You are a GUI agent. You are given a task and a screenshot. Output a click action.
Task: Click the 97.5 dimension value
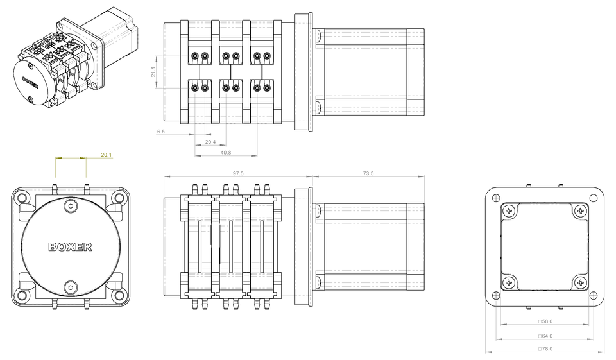[x=238, y=173]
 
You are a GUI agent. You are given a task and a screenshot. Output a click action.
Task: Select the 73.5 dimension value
[x=368, y=173]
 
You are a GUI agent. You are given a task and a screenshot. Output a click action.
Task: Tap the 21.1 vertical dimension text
[x=153, y=71]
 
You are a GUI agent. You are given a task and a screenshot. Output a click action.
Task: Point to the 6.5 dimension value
[x=160, y=132]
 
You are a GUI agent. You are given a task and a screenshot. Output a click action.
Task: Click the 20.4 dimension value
[x=210, y=142]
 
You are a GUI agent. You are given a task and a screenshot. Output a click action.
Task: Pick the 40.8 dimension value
[x=225, y=153]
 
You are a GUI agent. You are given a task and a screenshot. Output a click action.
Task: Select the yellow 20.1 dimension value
[x=107, y=155]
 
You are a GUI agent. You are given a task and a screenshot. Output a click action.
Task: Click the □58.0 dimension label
[x=545, y=321]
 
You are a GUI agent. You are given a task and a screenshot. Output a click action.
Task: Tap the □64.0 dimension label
[x=545, y=336]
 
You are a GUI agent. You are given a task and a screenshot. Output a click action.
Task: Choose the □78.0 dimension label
[x=545, y=348]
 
